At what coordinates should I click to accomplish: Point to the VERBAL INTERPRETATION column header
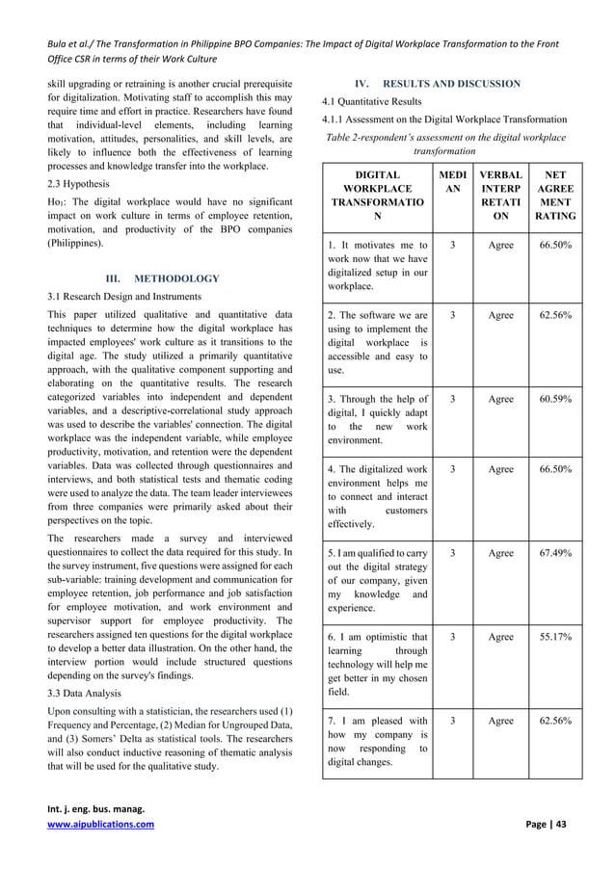point(500,197)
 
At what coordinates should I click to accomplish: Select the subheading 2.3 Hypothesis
point(80,182)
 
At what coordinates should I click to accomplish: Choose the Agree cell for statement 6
point(500,637)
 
